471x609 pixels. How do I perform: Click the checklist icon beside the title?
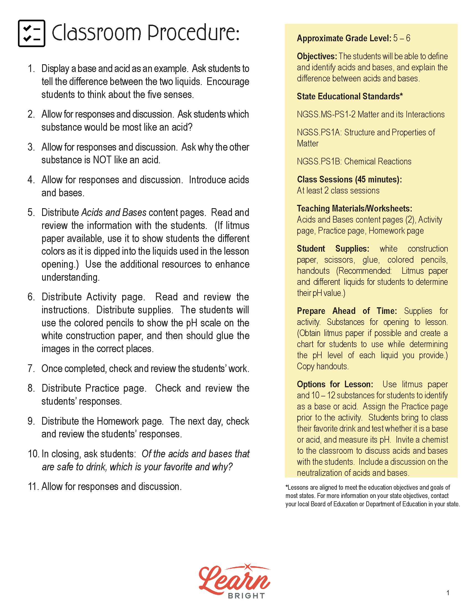[x=32, y=33]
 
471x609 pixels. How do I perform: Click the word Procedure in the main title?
[x=193, y=33]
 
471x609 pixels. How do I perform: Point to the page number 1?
[x=448, y=593]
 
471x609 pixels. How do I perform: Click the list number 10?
[x=33, y=454]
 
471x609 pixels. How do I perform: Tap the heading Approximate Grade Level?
[x=344, y=38]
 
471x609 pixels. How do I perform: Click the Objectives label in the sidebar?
[x=317, y=56]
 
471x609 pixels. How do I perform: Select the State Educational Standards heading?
[x=350, y=97]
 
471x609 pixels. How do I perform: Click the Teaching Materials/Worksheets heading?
[x=354, y=208]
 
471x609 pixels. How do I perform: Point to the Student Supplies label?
[x=333, y=249]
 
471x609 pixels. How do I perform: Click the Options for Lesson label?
[x=335, y=384]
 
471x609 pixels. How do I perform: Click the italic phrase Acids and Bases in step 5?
[x=114, y=213]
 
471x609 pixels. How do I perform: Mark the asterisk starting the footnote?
[x=286, y=487]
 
